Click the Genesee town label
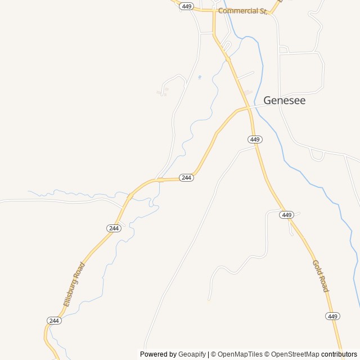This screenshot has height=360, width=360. pos(285,101)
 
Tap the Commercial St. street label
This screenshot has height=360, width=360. pos(242,11)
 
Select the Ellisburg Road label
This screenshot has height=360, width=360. pos(74,284)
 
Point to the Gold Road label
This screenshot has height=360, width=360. pos(320,276)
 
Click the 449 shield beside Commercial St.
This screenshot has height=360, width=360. pos(187,6)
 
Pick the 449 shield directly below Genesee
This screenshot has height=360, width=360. pos(255,139)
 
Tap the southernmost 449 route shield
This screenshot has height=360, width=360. pos(332,316)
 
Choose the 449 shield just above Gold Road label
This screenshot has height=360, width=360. pos(287,215)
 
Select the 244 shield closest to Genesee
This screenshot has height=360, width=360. pos(187,178)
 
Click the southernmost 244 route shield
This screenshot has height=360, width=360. pos(54,321)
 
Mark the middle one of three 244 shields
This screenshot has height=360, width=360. pos(114,228)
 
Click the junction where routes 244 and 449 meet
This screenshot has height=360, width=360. pos(248,107)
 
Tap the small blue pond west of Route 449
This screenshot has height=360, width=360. pos(200,77)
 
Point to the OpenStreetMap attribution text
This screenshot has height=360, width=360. pos(293,354)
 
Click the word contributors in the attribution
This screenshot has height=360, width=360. pos(339,354)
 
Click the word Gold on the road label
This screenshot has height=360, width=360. pos(317,267)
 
